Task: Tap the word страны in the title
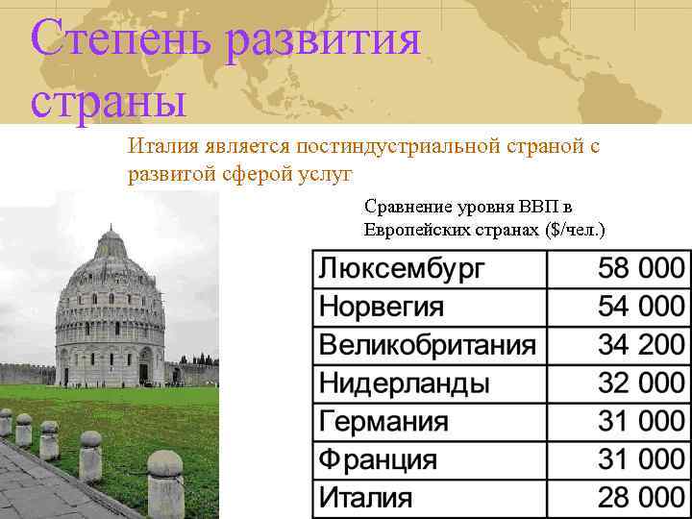[108, 100]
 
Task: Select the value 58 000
[641, 268]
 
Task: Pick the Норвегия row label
[382, 307]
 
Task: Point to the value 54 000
[641, 307]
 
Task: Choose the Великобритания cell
[428, 345]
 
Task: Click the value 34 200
[641, 345]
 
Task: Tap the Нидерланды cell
[404, 383]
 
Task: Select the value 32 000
[641, 383]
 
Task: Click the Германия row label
[383, 422]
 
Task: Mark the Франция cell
[378, 460]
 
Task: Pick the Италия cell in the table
[365, 499]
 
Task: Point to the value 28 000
[641, 499]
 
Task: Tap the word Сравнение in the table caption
[403, 206]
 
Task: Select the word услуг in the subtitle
[327, 174]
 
